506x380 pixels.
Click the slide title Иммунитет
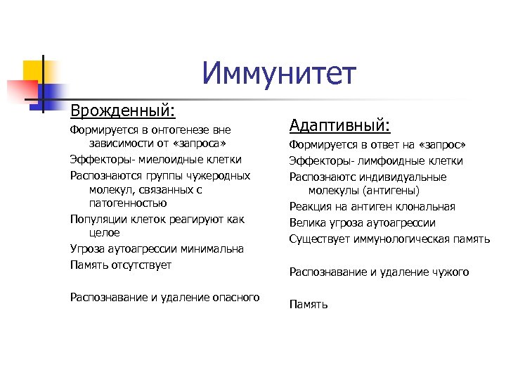(x=279, y=73)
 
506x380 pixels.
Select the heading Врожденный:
(x=122, y=110)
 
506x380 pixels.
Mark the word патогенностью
(x=128, y=203)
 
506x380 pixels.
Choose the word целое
(x=105, y=233)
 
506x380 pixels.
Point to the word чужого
(x=450, y=272)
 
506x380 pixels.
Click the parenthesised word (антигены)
(x=389, y=190)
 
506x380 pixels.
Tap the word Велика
(x=306, y=222)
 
